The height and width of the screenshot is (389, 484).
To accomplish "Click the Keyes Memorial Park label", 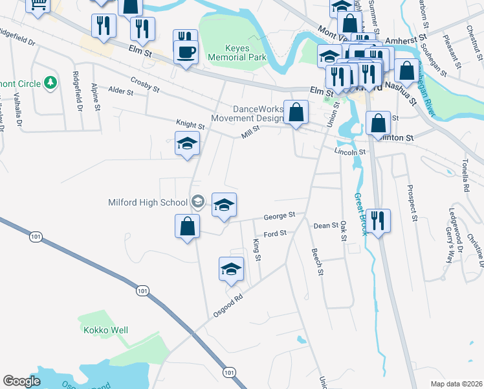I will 237,53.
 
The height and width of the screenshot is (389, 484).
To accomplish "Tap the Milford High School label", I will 148,202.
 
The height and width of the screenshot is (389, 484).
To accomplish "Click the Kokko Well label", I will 105,330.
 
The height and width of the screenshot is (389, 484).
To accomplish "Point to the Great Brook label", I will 360,214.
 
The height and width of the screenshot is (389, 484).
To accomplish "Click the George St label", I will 279,215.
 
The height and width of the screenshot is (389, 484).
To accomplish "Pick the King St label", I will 258,249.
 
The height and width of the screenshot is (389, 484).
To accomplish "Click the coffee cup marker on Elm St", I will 186,51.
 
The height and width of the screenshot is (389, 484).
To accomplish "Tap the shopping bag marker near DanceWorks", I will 296,112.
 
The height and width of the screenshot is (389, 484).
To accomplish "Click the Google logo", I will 21,381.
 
